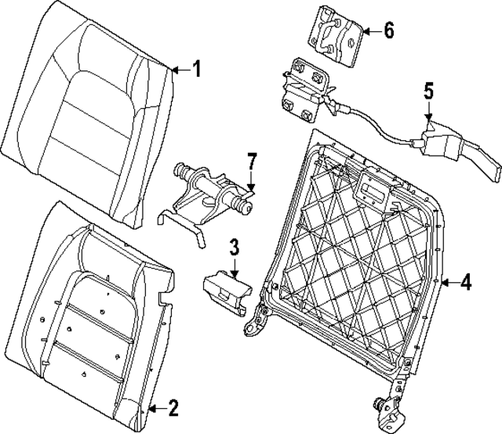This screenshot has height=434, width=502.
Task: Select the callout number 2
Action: [174, 407]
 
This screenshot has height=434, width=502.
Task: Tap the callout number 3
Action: [234, 249]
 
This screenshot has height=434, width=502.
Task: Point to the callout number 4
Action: [466, 282]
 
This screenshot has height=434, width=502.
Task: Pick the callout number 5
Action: [429, 90]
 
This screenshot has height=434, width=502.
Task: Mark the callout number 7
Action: [251, 162]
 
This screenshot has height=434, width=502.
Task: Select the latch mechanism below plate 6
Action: [307, 89]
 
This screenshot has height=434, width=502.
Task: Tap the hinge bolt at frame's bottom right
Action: [382, 407]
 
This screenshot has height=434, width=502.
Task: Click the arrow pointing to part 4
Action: [448, 282]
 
